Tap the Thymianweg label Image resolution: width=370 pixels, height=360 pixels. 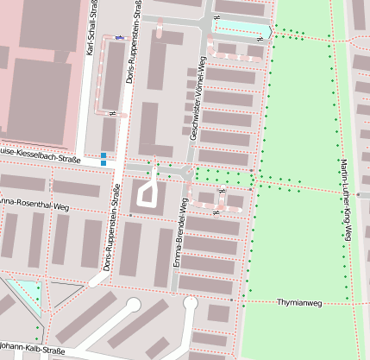tap(299, 303)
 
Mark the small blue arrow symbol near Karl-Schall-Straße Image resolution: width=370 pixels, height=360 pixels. tap(118, 38)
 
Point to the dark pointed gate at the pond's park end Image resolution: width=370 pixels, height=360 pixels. tap(271, 32)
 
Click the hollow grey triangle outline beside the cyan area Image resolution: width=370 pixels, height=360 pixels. tap(64, 294)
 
